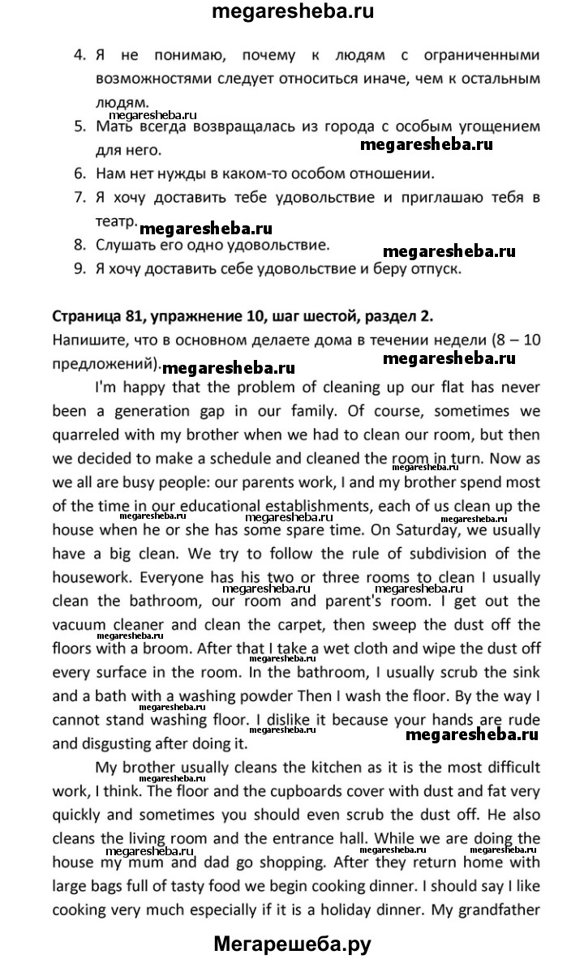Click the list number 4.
[x=79, y=56]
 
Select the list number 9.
[x=79, y=270]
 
